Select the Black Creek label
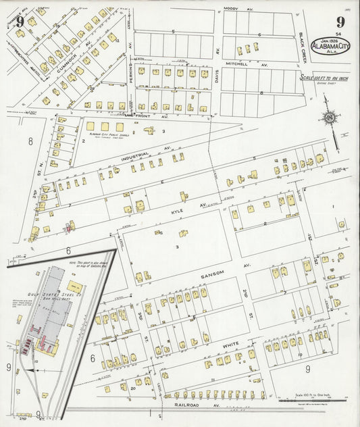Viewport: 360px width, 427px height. pos(302,45)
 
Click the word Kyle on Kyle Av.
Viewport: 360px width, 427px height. pos(178,211)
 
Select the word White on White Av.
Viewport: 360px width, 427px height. pos(230,345)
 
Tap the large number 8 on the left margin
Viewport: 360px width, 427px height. pos(30,142)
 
